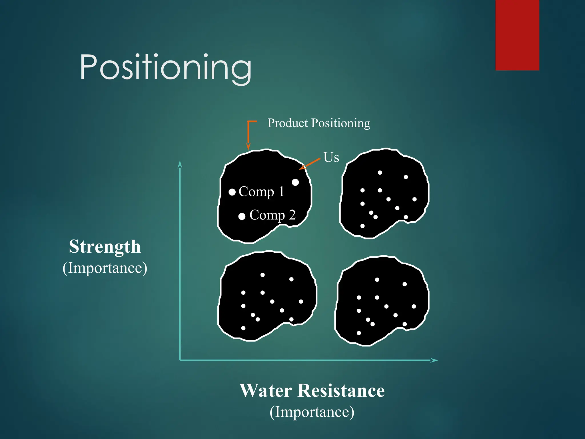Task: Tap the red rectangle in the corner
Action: coord(517,35)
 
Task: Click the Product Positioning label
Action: coord(318,123)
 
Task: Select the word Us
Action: coord(331,157)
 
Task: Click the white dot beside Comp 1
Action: coord(232,192)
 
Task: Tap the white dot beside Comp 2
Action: coord(242,216)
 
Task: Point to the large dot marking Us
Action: coord(295,182)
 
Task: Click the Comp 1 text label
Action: coord(261,192)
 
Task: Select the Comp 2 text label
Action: coord(272,215)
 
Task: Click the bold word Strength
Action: coord(105,247)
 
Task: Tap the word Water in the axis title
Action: coord(266,391)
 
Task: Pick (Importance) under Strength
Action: coord(105,268)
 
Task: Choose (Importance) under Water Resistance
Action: coord(312,412)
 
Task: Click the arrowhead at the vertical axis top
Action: coord(180,164)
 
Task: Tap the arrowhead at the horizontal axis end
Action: coord(434,360)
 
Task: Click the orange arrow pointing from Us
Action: coord(310,164)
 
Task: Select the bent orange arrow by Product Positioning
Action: coord(249,133)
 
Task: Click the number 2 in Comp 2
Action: coord(292,215)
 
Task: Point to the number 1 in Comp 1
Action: coord(281,191)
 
